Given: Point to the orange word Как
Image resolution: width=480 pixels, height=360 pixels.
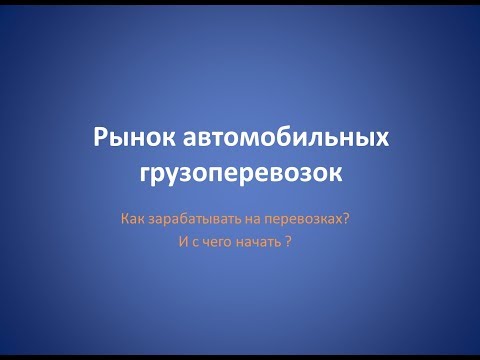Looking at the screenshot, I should pyautogui.click(x=131, y=217).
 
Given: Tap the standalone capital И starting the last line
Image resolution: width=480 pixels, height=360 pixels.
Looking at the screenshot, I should pyautogui.click(x=178, y=242).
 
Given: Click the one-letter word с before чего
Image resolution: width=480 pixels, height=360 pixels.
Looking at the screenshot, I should pyautogui.click(x=189, y=242).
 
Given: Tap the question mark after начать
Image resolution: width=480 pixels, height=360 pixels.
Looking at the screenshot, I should pyautogui.click(x=288, y=242).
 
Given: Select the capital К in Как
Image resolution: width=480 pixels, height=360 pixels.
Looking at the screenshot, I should pyautogui.click(x=124, y=217).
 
